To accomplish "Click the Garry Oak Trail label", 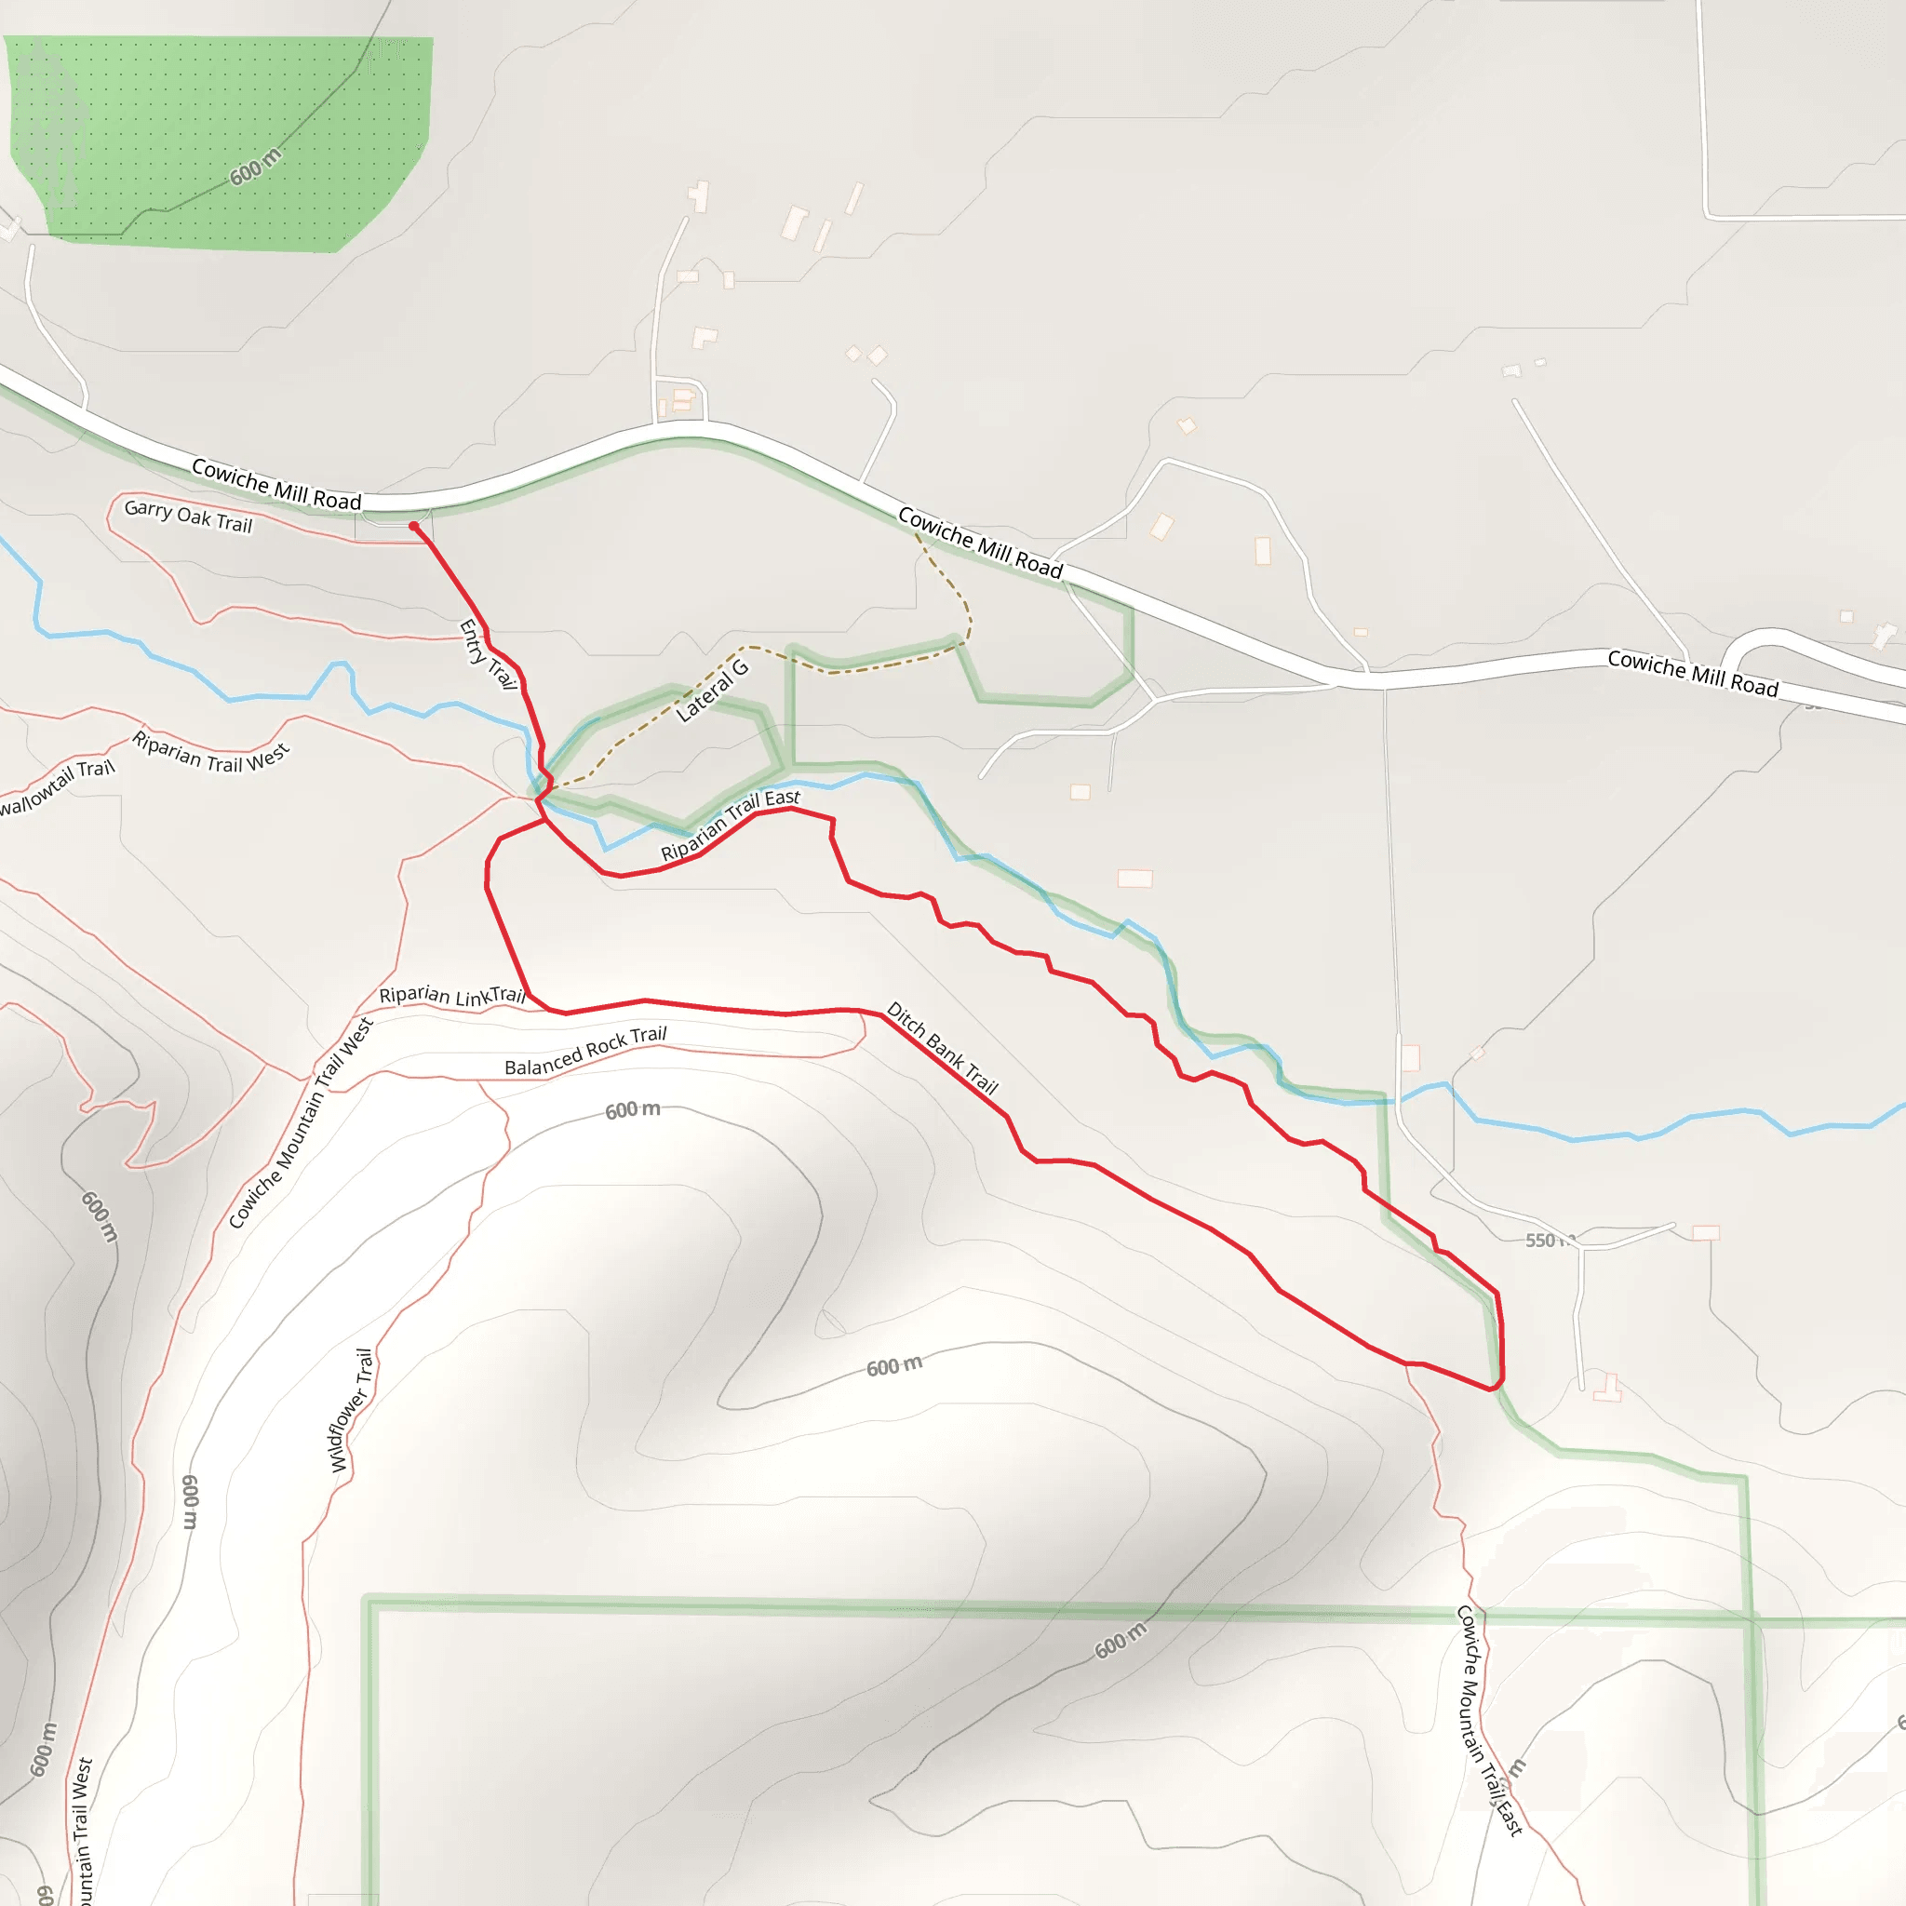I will pyautogui.click(x=188, y=516).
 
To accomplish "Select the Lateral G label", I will pyautogui.click(x=712, y=691).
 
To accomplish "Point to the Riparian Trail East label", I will pyautogui.click(x=730, y=825).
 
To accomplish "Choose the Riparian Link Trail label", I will pyautogui.click(x=451, y=996).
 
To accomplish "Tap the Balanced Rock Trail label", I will pyautogui.click(x=585, y=1051).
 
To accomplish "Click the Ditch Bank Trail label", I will pyautogui.click(x=942, y=1048).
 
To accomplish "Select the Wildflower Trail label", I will pyautogui.click(x=352, y=1410).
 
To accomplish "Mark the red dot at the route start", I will pyautogui.click(x=413, y=527).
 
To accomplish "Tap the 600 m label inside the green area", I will pyautogui.click(x=256, y=167).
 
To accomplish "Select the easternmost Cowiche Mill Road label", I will pyautogui.click(x=1692, y=673).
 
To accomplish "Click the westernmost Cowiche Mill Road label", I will pyautogui.click(x=276, y=483).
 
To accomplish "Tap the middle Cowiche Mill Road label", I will pyautogui.click(x=980, y=543).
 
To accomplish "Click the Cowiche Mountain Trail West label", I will pyautogui.click(x=301, y=1123).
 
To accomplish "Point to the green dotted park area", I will pyautogui.click(x=217, y=138).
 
